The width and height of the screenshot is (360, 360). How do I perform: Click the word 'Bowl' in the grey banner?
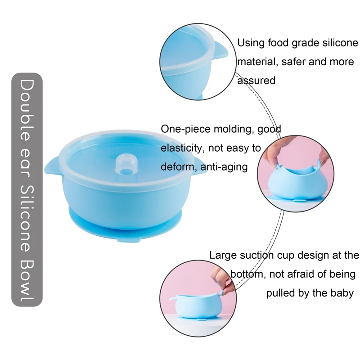pyautogui.click(x=27, y=281)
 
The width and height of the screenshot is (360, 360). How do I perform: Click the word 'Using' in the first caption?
pyautogui.click(x=251, y=43)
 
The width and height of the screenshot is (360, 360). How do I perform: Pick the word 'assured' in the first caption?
pyautogui.click(x=256, y=81)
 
